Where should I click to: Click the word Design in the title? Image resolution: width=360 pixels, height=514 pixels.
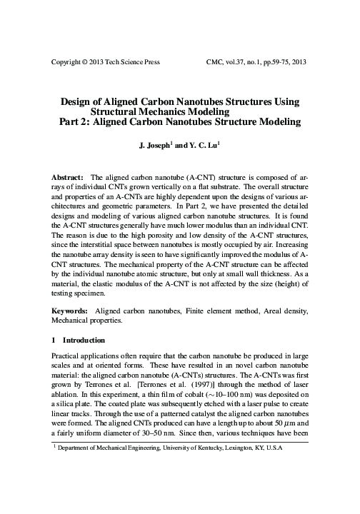point(81,102)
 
